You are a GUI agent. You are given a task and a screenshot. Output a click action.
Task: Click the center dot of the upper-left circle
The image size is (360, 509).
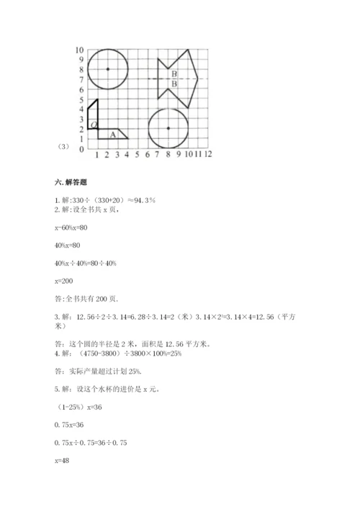point(107,68)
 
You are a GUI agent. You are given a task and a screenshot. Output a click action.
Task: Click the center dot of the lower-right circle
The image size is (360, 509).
point(168,128)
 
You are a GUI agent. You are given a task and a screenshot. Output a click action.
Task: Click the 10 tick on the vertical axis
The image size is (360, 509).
point(80,50)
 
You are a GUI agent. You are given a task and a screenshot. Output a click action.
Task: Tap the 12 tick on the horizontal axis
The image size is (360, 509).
point(207,154)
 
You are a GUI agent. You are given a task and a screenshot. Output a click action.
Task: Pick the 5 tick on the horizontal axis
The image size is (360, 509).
point(137,154)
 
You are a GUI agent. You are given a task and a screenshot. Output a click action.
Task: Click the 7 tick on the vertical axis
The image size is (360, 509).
point(81,79)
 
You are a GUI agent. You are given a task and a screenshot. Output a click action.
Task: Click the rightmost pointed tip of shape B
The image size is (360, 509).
point(198,78)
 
